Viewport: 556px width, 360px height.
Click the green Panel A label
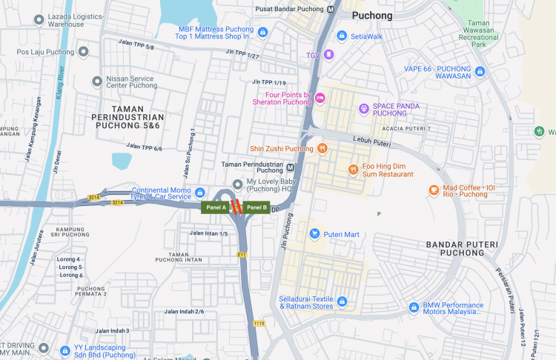coord(216,207)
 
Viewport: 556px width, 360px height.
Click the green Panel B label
coord(257,207)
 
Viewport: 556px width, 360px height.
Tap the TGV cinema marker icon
coord(329,55)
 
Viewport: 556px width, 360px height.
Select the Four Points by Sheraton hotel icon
coord(320,98)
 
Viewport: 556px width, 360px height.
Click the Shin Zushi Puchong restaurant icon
coord(322,148)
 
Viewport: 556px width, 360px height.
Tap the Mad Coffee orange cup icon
coord(434,190)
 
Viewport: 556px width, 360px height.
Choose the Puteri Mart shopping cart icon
coord(314,234)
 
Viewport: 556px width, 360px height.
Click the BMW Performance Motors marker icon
coord(414,307)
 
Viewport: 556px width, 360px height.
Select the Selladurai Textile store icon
coord(342,301)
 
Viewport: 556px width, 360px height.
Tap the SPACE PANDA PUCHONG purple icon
coord(364,109)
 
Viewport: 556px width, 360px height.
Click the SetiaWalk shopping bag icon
coord(342,35)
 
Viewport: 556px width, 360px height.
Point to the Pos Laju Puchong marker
coord(84,52)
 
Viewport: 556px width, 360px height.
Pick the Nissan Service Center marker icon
coord(97,81)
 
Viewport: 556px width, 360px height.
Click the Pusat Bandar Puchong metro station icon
coord(331,9)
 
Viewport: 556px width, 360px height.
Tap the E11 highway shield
coord(242,254)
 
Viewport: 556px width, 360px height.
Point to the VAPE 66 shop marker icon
coord(480,71)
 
